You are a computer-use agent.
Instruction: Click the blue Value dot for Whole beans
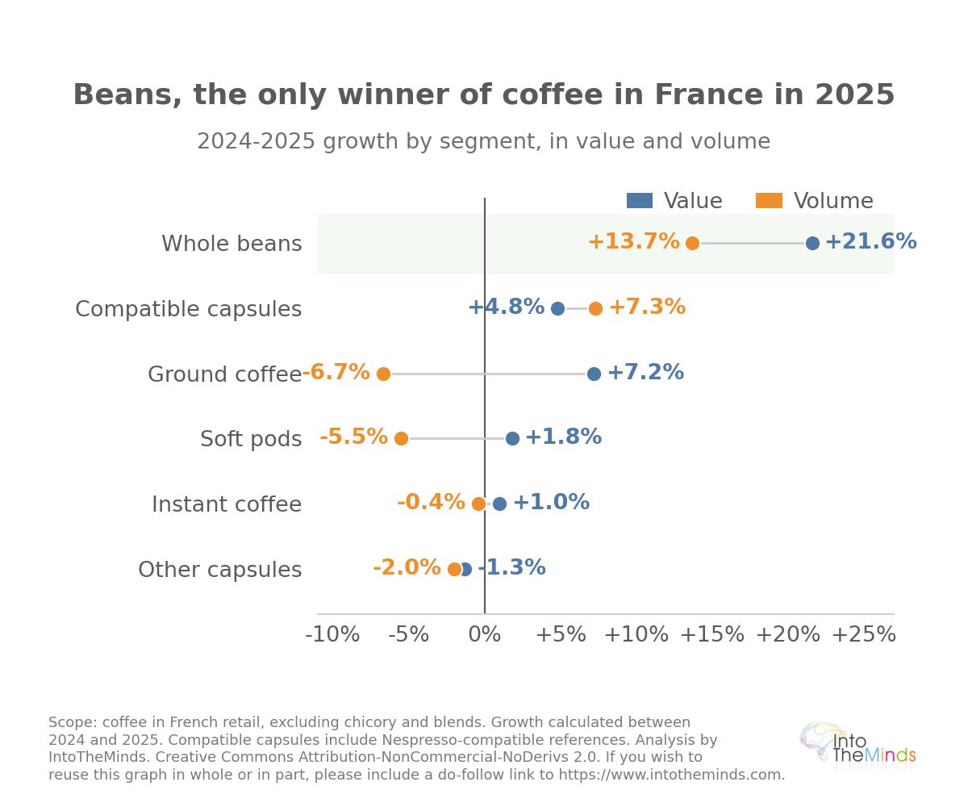point(812,243)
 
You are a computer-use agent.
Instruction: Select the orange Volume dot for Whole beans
point(692,243)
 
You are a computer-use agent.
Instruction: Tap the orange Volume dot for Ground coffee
point(383,374)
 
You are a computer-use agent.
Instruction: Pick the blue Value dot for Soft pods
point(512,438)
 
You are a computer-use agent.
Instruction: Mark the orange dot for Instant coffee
point(478,504)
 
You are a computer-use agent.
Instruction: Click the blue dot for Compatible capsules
point(557,308)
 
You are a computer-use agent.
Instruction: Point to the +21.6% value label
point(870,241)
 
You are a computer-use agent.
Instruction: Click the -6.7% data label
point(336,372)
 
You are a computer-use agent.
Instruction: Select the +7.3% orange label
point(647,307)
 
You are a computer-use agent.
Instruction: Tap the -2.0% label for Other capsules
point(407,567)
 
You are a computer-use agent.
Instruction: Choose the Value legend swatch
point(640,201)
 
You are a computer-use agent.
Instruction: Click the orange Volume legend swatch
point(769,201)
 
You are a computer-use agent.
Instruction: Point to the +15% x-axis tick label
point(711,634)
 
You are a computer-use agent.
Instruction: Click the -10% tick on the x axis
point(332,634)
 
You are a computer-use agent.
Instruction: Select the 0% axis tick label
point(485,634)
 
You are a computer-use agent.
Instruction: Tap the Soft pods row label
point(251,439)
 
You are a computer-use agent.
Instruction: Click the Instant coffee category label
point(227,504)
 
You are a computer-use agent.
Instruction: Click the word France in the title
point(709,94)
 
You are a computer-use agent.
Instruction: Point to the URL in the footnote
point(671,775)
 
